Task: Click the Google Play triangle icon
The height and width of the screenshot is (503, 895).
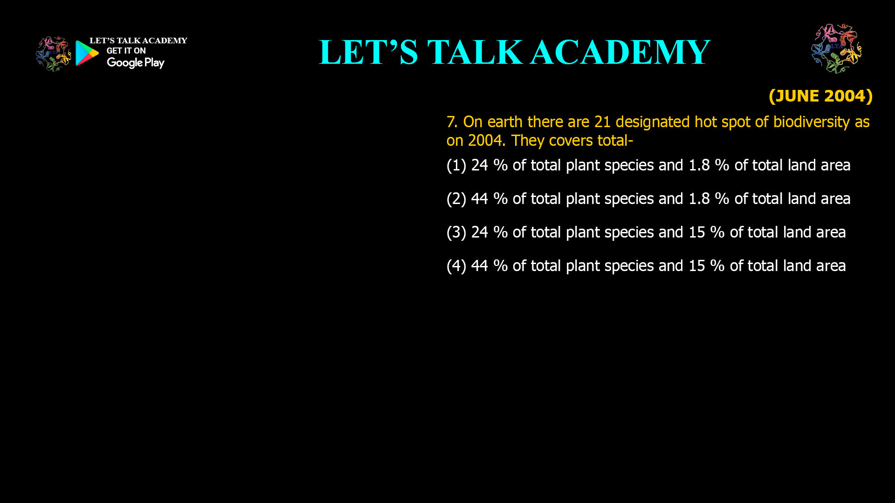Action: tap(87, 53)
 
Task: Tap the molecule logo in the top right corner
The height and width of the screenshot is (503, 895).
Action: tap(837, 48)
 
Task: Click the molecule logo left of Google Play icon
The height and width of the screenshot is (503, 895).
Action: tap(54, 54)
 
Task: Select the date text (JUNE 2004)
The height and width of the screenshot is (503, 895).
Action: tap(820, 96)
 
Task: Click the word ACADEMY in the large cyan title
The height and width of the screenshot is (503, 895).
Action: tap(620, 52)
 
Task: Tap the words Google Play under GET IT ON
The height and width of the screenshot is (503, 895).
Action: tap(136, 63)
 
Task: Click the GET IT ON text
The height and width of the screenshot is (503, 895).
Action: tap(126, 51)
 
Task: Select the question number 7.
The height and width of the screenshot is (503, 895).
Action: tap(452, 122)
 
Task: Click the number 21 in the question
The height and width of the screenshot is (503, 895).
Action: tap(602, 122)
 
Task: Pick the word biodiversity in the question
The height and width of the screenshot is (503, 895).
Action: tap(812, 122)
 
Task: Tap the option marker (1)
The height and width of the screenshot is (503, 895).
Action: tap(456, 165)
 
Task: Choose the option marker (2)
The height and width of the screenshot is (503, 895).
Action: tap(456, 199)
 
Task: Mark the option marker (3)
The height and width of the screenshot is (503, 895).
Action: tap(456, 232)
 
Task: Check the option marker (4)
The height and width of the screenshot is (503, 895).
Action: tap(456, 266)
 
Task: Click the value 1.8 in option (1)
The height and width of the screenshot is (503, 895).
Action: tap(699, 165)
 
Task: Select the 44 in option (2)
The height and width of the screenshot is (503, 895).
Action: tap(480, 199)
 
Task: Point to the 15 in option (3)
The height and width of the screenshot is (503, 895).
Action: tap(697, 232)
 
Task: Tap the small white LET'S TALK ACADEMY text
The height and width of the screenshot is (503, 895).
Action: tap(138, 41)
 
